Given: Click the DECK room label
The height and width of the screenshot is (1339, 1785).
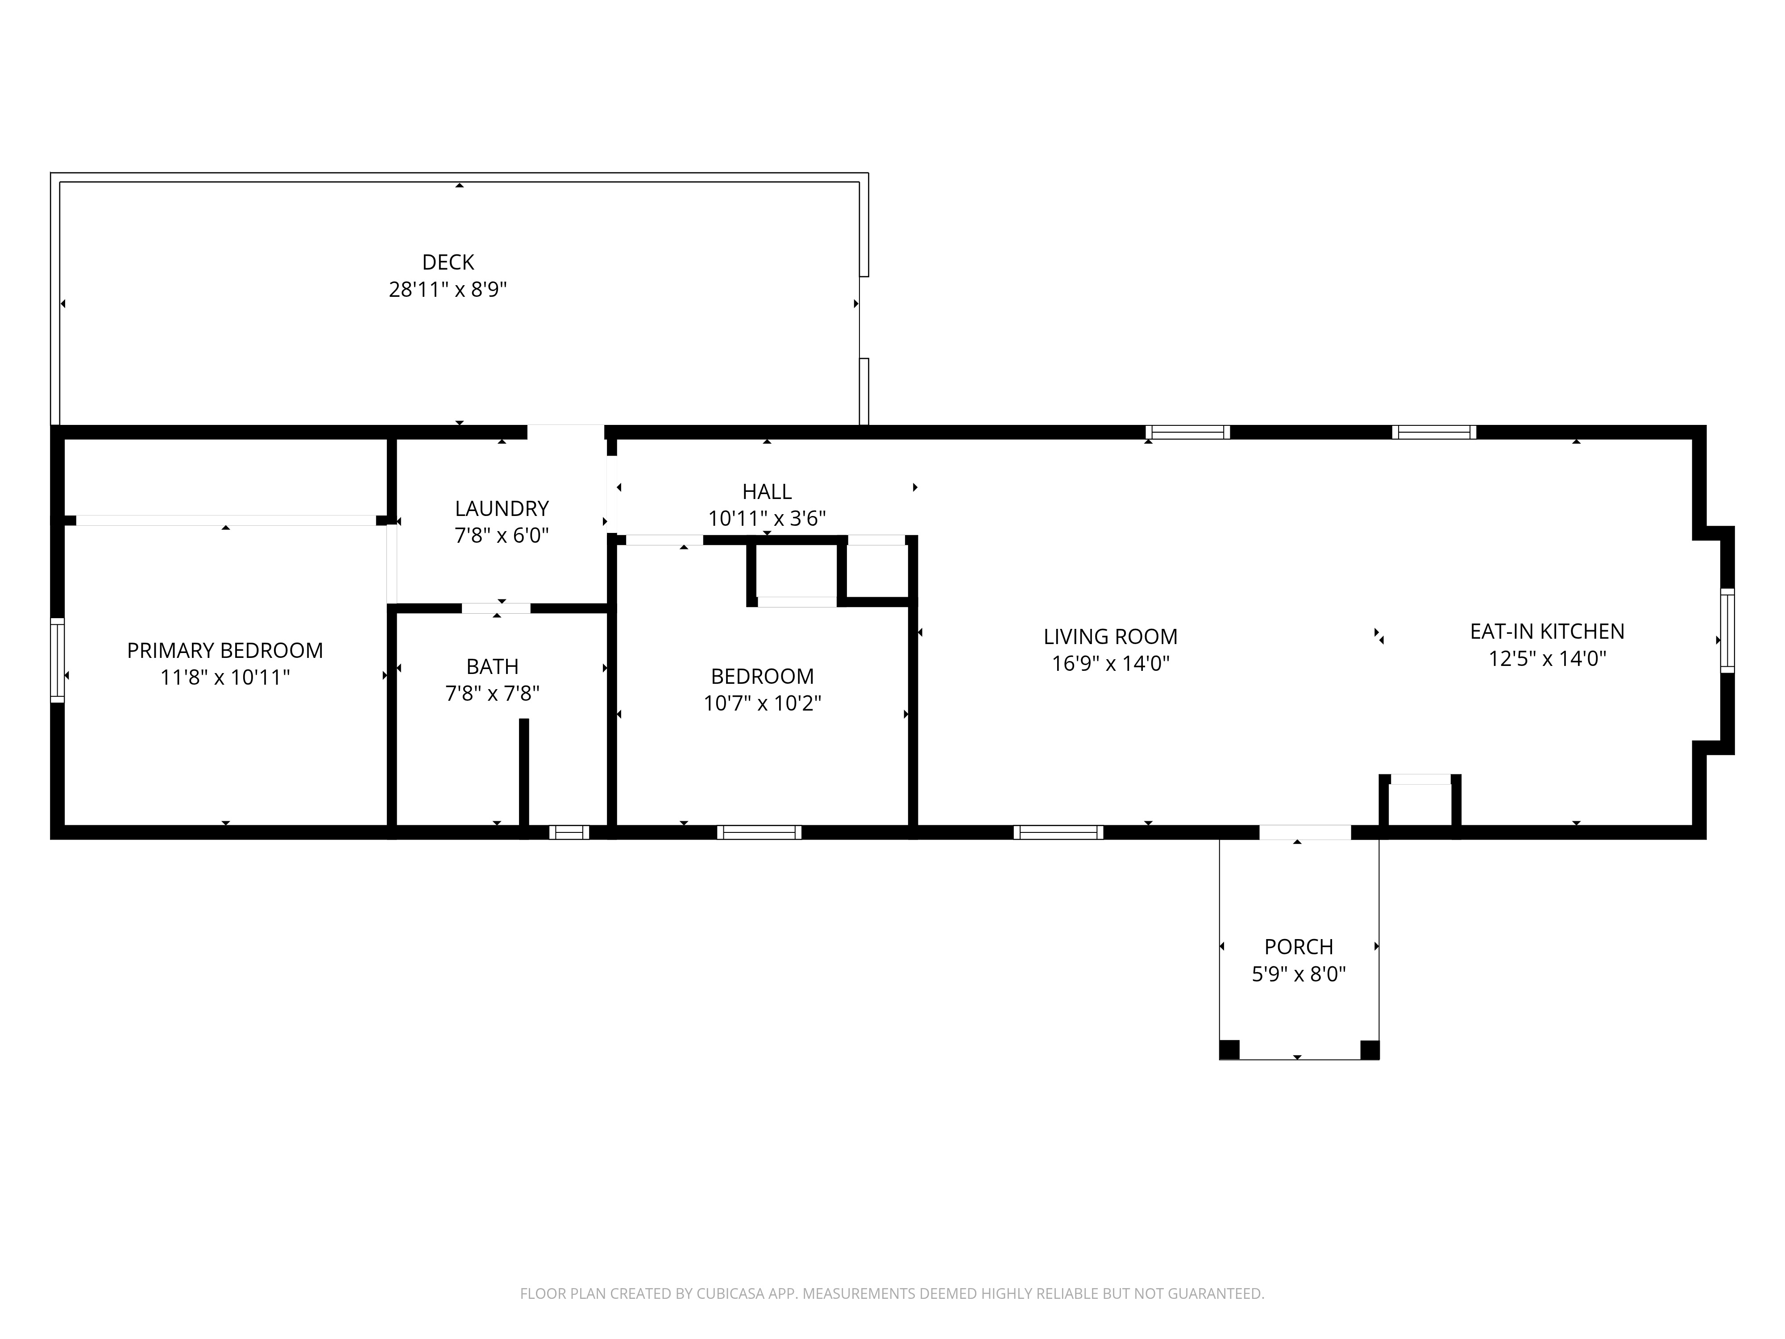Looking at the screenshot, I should (448, 262).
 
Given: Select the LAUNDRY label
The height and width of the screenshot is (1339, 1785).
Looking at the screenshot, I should (502, 508).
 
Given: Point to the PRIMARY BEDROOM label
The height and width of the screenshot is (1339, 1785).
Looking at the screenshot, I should (225, 651).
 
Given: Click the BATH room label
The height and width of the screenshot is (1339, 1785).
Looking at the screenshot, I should (492, 667).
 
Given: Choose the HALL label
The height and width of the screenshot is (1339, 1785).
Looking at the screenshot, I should (767, 491).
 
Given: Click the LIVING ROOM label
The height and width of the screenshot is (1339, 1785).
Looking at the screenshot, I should (1110, 637).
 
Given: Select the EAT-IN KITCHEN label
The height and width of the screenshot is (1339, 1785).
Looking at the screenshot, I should (1547, 631).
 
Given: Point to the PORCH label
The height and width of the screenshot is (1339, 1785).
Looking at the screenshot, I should (1299, 947).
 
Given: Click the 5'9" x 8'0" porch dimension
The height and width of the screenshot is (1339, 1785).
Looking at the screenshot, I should (1299, 974).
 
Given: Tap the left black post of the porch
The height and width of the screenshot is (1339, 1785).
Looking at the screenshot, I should (1229, 1050).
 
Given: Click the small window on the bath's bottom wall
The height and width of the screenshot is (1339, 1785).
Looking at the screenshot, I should (569, 832).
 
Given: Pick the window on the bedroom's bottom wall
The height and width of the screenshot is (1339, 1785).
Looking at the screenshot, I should (759, 832).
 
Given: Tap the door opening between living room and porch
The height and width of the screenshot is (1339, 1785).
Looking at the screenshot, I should (1305, 832).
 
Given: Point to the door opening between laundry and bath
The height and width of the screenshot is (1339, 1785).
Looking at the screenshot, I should (496, 608).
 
